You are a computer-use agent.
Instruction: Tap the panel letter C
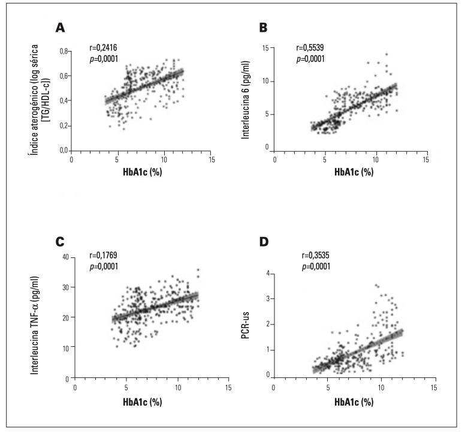click(60, 241)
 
